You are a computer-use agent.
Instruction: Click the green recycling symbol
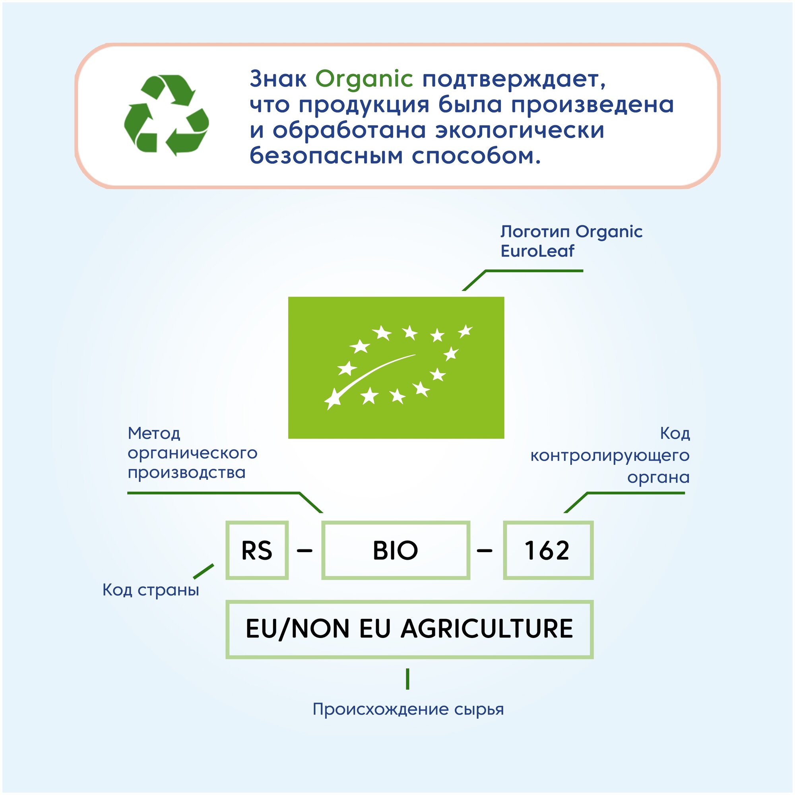tap(166, 115)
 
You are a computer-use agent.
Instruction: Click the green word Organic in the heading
tap(364, 79)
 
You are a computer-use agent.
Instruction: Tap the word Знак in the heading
tap(278, 79)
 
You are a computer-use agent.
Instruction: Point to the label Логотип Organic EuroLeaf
tap(571, 241)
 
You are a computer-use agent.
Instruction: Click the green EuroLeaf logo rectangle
tap(396, 367)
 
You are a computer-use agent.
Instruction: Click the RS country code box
tap(257, 550)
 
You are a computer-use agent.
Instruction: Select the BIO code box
tap(396, 550)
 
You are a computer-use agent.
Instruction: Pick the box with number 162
tap(548, 550)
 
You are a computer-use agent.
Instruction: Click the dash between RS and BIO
tap(304, 550)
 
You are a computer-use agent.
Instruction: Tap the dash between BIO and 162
tap(484, 550)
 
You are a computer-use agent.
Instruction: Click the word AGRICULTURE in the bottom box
tap(487, 629)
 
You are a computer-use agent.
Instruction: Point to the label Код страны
tap(151, 590)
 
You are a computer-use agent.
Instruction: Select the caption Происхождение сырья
tap(408, 709)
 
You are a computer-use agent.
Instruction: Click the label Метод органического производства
tap(192, 453)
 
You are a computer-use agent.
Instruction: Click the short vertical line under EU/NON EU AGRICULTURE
tap(407, 679)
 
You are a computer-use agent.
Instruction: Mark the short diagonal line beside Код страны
tap(204, 571)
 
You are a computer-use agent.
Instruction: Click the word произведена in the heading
tap(593, 105)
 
